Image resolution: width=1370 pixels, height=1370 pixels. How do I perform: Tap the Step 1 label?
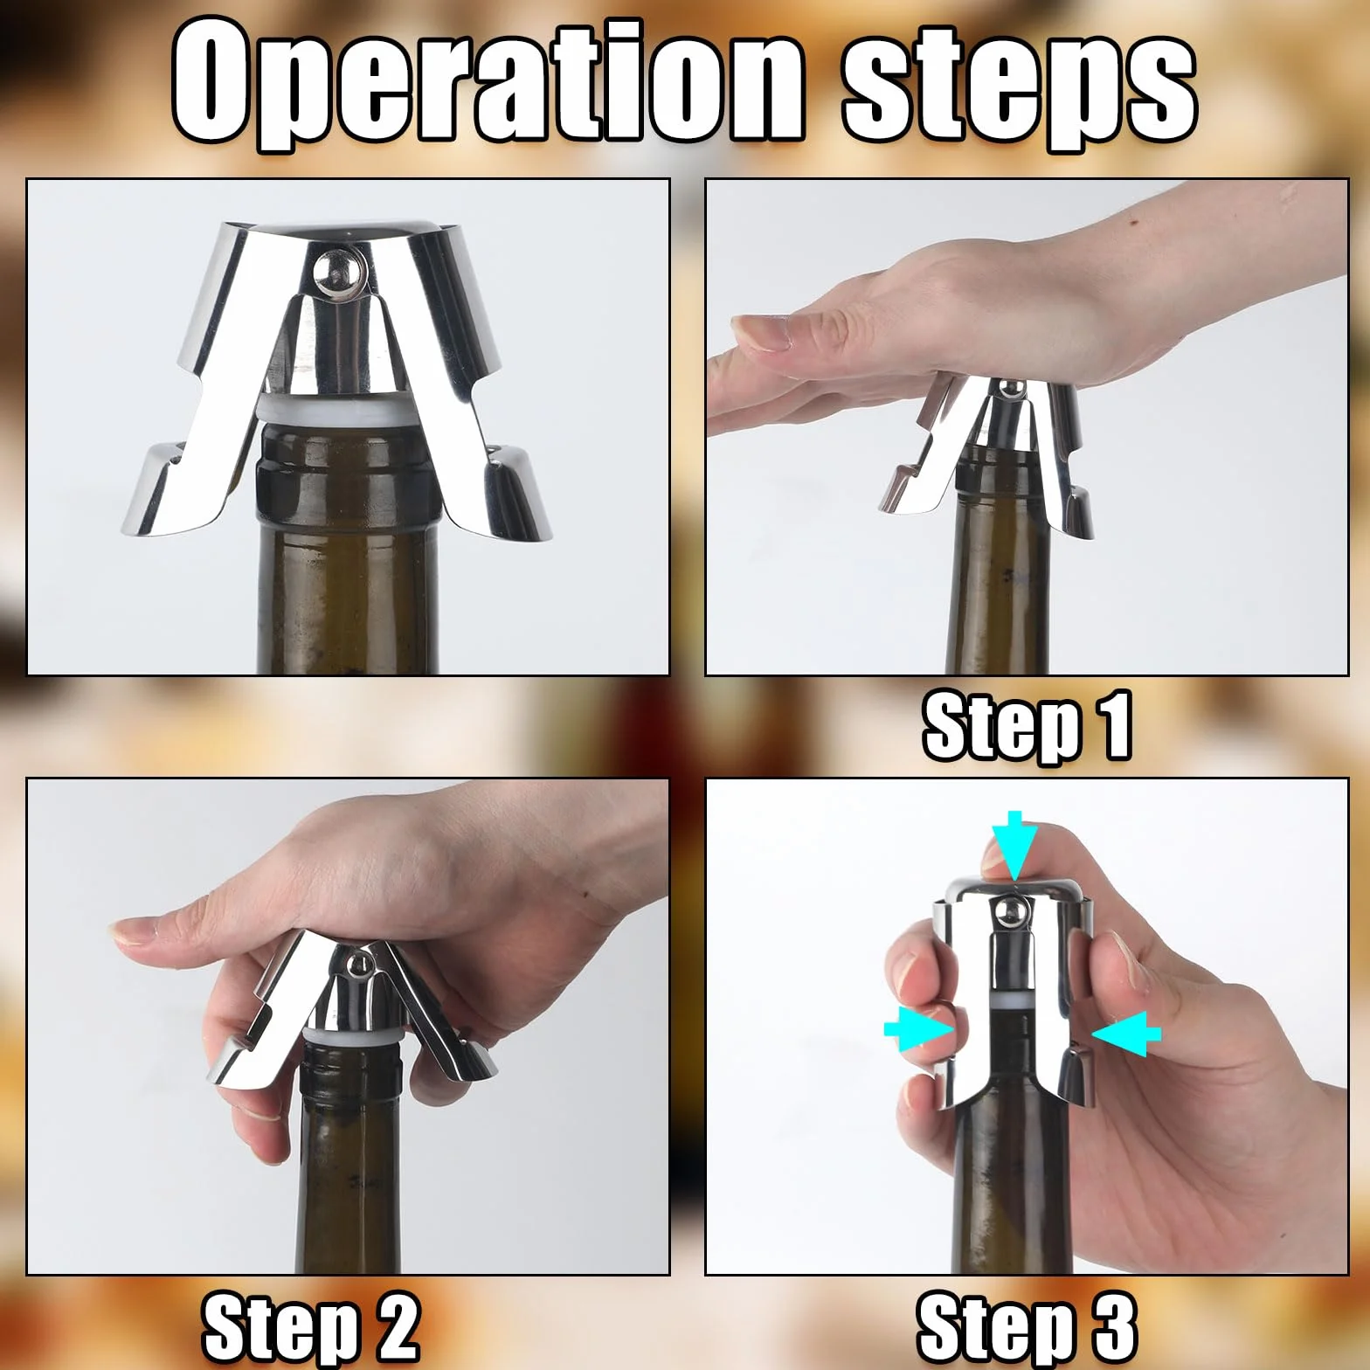1027,725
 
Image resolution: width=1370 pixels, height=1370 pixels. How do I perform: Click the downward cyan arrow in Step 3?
1014,844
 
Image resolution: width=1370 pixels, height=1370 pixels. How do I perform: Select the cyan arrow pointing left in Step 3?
1126,1034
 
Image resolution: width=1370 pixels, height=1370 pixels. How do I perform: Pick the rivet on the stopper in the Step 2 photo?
356,965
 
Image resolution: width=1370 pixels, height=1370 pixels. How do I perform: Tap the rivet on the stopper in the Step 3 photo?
1007,912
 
